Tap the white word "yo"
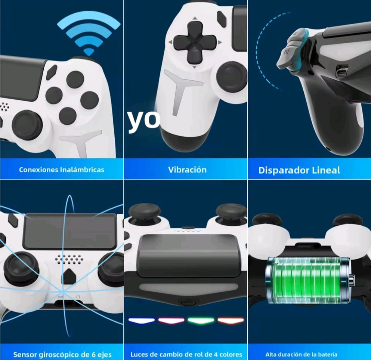[x=144, y=120]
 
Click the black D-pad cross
[x=195, y=43]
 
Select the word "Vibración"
[x=188, y=170]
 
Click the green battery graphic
[x=309, y=281]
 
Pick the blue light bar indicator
[x=142, y=321]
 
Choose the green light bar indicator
[x=201, y=321]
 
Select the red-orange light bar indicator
[x=231, y=321]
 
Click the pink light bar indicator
[x=171, y=321]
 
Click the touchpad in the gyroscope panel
[x=70, y=231]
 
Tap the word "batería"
[x=327, y=354]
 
